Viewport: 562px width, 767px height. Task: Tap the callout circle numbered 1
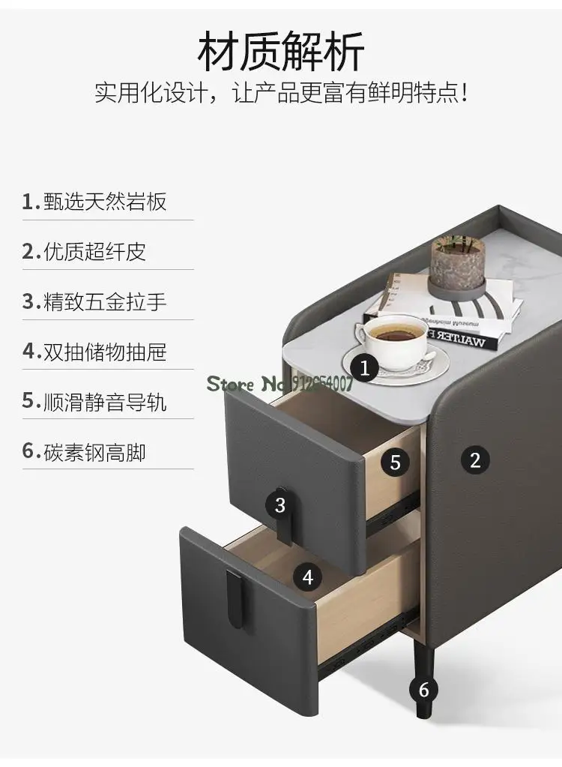pyautogui.click(x=365, y=367)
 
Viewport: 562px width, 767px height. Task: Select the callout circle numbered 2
pyautogui.click(x=475, y=459)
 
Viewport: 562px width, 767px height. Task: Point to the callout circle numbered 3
pyautogui.click(x=280, y=505)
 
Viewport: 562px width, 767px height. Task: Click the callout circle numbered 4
pyautogui.click(x=307, y=577)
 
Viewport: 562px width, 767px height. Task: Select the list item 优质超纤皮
pyautogui.click(x=84, y=252)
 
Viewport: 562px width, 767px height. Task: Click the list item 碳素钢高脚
pyautogui.click(x=84, y=452)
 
